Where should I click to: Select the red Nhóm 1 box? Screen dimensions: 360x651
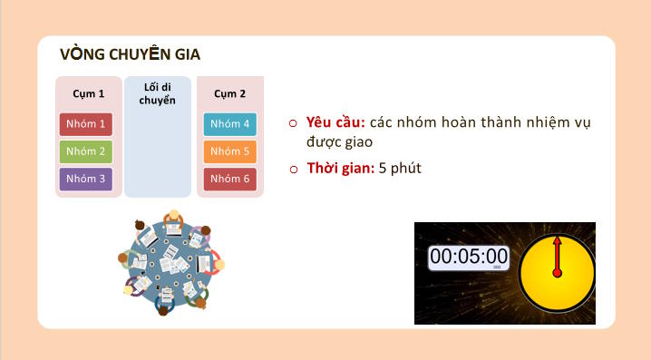86,124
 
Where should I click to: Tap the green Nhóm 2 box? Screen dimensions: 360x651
86,151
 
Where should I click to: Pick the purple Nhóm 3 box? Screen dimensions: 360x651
86,179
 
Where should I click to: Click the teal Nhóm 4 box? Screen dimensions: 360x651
229,124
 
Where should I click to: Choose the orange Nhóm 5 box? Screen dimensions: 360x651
229,151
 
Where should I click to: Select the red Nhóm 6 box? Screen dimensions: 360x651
229,179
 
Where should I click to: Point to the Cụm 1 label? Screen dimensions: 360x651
88,93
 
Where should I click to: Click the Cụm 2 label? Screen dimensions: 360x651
229,93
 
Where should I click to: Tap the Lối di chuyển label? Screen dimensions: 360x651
158,93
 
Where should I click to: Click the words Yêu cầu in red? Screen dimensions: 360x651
335,122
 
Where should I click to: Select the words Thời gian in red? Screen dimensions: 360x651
341,169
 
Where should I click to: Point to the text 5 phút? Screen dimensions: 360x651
400,169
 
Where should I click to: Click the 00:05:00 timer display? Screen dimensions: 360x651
469,257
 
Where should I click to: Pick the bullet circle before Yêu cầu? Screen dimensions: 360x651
293,123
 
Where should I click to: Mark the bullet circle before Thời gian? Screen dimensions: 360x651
293,170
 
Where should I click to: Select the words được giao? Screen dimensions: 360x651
339,142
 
